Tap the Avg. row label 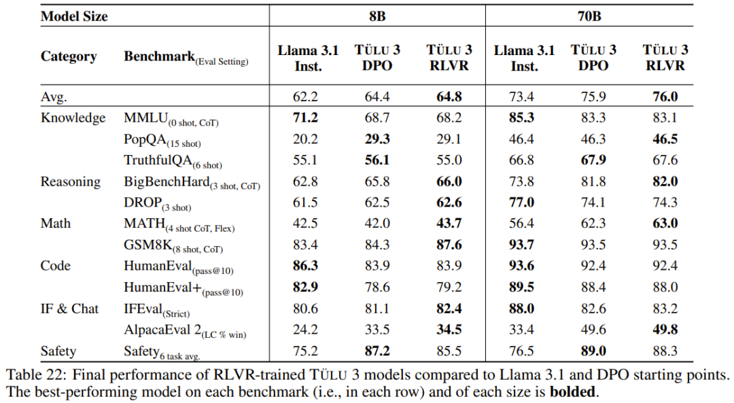coord(54,97)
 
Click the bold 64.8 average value coord(449,97)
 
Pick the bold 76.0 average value coord(665,97)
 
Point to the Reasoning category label coord(71,181)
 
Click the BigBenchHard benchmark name coord(166,181)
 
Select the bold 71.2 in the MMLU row coord(305,118)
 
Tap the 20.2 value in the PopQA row coord(305,139)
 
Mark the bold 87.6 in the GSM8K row coord(449,245)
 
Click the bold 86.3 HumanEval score coord(305,266)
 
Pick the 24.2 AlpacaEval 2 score coord(305,330)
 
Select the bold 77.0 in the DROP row coord(522,203)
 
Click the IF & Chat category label coord(69,309)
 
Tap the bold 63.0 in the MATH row coord(665,224)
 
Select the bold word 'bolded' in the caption coord(573,392)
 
